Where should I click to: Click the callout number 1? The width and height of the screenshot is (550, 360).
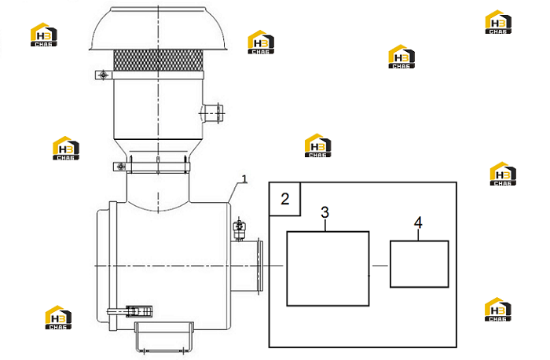point(245,179)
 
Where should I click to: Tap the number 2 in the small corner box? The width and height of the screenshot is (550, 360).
point(285,199)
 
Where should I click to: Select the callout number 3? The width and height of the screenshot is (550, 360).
point(325,212)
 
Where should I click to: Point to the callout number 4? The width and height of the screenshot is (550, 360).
point(418,222)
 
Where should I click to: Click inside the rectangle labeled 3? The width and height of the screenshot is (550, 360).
point(328,268)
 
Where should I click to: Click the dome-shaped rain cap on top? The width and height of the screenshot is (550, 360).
point(159,29)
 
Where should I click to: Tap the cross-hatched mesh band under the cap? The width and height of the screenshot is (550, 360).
point(159,61)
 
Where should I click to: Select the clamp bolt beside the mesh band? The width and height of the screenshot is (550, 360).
point(103,75)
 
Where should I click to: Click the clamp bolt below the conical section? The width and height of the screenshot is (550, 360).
point(121,166)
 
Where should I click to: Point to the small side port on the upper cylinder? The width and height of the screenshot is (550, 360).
point(211,113)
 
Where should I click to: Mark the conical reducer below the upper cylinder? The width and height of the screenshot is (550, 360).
point(159,147)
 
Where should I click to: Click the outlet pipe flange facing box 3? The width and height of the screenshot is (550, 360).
point(259,266)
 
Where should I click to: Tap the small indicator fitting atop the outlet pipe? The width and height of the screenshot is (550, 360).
point(240,229)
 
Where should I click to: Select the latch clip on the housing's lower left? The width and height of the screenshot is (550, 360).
point(130,311)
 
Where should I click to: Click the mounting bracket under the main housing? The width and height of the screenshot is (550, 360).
point(163,336)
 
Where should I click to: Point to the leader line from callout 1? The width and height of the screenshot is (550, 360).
point(234,193)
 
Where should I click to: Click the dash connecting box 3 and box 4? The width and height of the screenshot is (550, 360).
point(379,266)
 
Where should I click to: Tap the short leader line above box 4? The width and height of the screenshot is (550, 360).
point(418,234)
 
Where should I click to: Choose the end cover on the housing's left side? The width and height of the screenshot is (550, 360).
point(104,266)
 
